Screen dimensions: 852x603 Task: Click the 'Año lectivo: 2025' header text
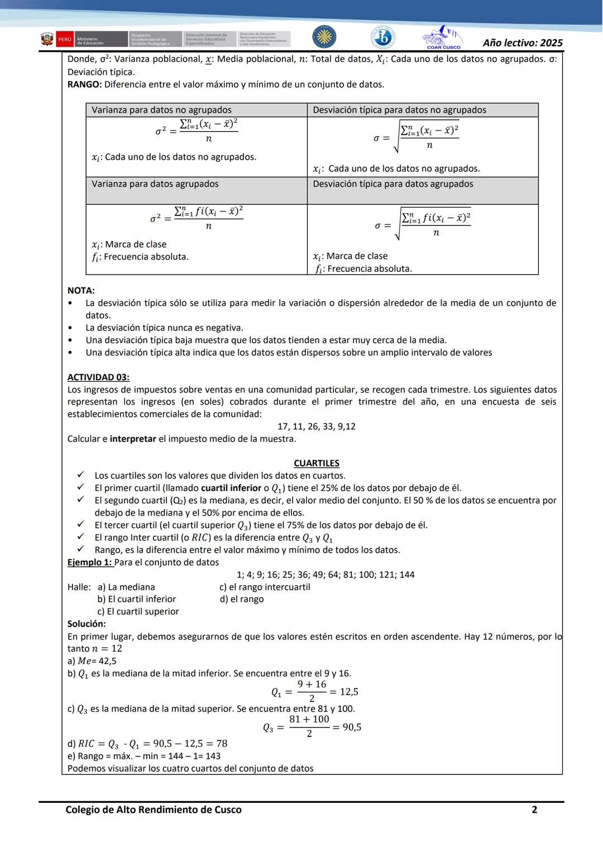coord(523,42)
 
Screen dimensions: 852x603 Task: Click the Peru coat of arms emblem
coord(47,40)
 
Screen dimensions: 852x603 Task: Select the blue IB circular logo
coord(382,37)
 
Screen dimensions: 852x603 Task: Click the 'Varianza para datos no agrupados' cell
coord(161,110)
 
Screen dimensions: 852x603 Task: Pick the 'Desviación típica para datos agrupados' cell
coord(393,184)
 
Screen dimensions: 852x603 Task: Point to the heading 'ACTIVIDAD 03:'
coord(98,377)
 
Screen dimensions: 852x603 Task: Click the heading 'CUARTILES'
coord(316,463)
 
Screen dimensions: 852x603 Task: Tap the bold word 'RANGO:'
coord(84,85)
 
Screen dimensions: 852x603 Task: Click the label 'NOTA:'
coord(81,291)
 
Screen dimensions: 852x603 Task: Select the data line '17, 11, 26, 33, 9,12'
coord(316,426)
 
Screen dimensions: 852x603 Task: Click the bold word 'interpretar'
coord(133,439)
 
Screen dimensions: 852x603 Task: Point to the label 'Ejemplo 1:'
coord(89,562)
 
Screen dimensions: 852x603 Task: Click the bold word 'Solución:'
coord(87,624)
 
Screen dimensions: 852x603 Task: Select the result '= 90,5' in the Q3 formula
coord(347,727)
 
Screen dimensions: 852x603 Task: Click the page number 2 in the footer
coord(534,810)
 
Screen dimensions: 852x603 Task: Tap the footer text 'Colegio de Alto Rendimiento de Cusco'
coord(154,810)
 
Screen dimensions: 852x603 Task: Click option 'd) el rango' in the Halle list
coord(242,599)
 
